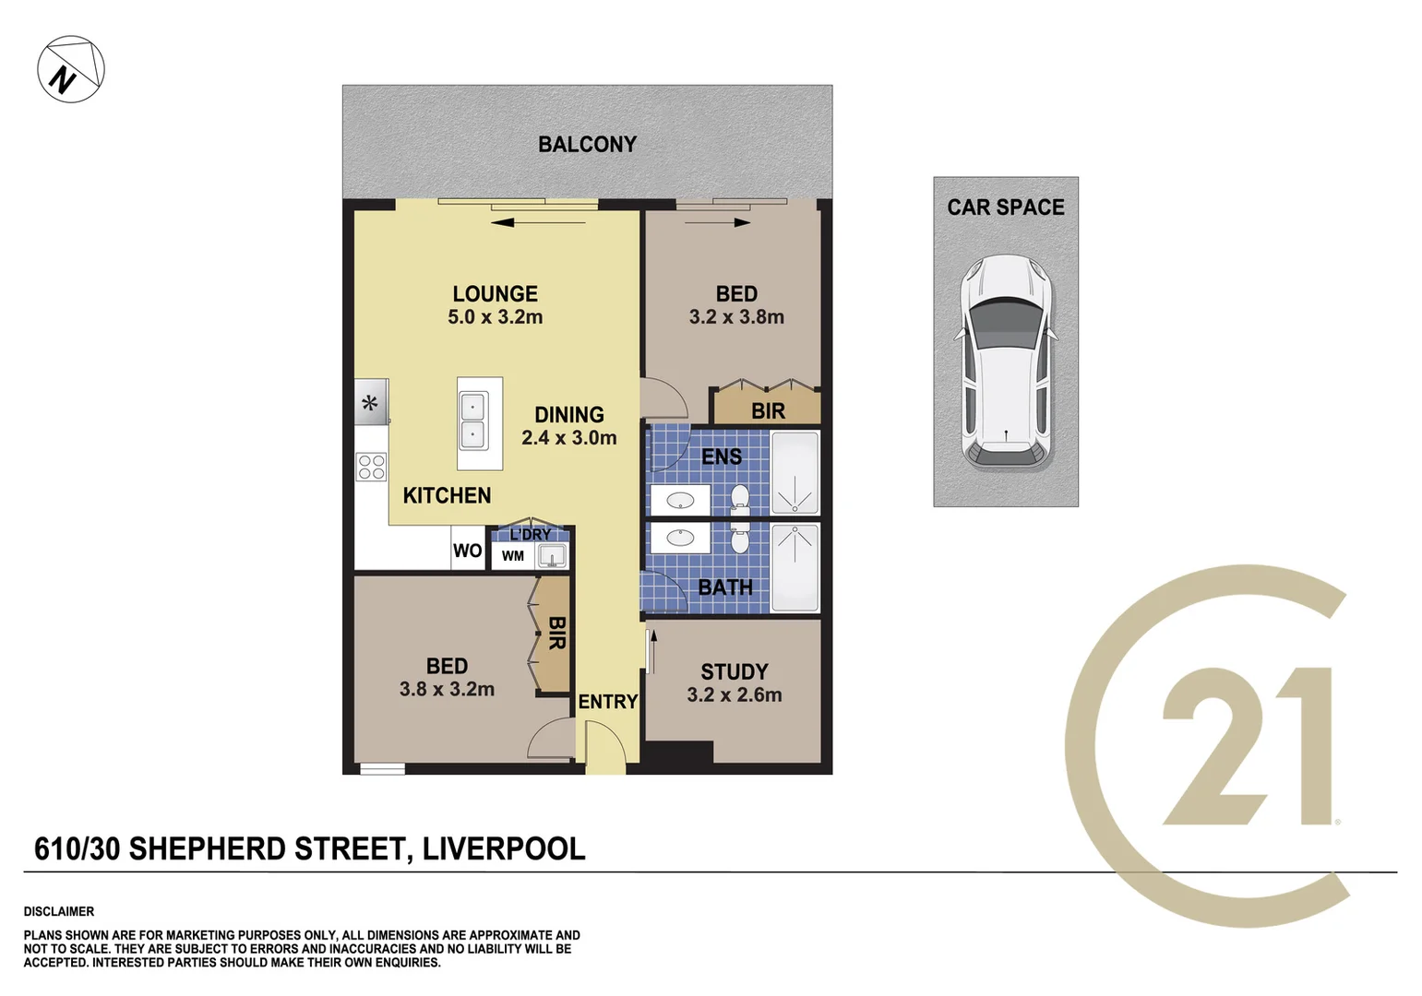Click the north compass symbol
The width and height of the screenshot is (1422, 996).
[71, 69]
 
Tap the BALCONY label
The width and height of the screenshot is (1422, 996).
[587, 145]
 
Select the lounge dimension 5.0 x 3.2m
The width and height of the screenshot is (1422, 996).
[495, 317]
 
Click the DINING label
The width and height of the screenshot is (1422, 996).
[569, 415]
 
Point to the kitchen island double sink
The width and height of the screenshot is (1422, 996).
[472, 421]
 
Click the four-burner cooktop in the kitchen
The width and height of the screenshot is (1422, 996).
[372, 467]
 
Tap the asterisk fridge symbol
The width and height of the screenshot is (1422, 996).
[370, 403]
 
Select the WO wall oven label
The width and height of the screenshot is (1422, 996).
[467, 551]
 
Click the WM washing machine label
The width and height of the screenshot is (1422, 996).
[513, 556]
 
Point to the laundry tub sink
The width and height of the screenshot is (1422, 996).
[553, 555]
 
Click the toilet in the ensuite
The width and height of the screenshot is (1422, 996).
[739, 499]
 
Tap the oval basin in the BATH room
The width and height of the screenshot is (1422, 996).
[680, 537]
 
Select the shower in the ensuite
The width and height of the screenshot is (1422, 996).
[795, 473]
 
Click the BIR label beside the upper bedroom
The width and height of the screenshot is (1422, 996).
[768, 411]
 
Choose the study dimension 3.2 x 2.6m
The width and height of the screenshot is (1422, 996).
[734, 695]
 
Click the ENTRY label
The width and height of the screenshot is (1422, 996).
[607, 702]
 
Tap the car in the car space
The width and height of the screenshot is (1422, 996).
[1005, 361]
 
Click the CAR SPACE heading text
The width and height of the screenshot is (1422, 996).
[1005, 207]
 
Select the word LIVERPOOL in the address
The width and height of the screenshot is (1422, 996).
[504, 848]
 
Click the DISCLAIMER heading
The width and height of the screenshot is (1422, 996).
[59, 911]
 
